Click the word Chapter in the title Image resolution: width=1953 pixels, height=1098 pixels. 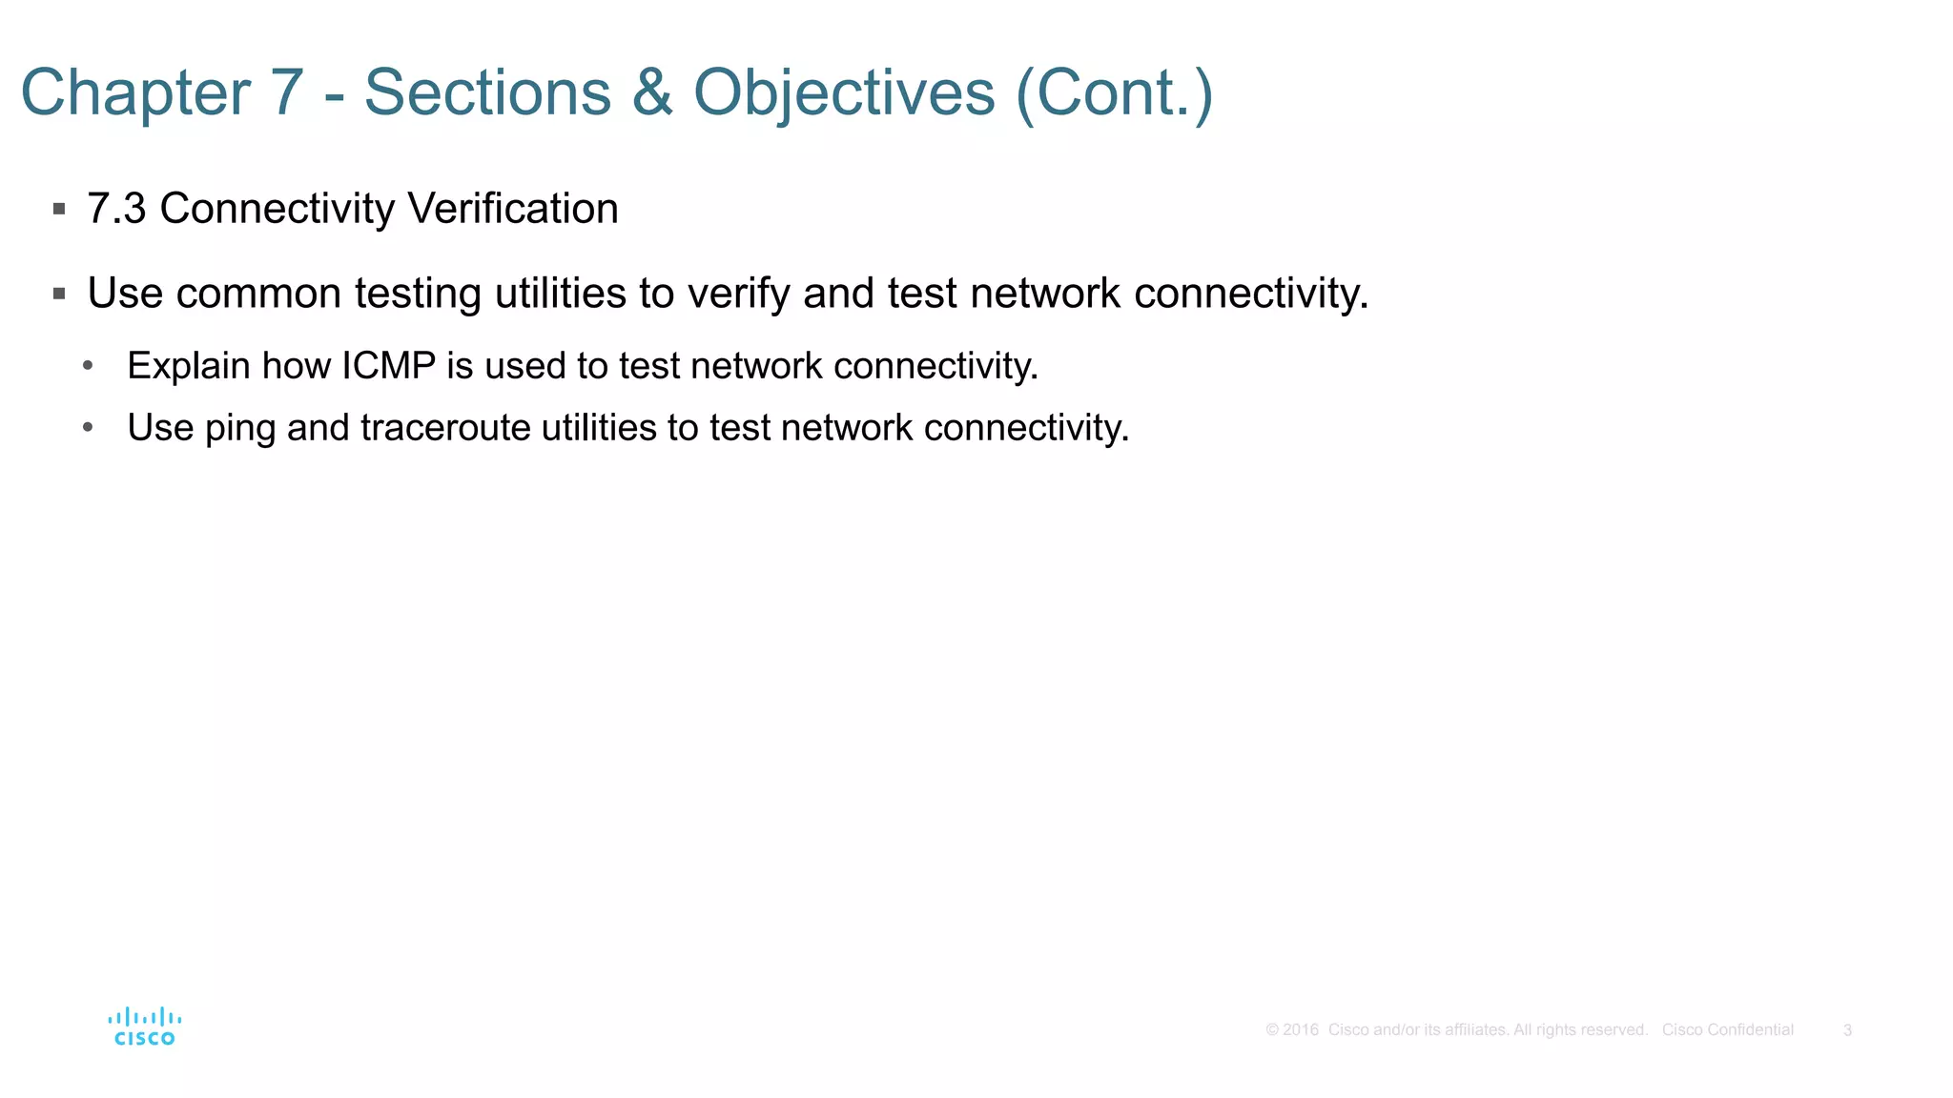tap(135, 93)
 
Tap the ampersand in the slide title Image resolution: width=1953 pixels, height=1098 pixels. tap(652, 93)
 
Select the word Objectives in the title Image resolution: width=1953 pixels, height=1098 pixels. tap(844, 93)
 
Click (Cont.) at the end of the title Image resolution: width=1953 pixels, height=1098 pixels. tap(1114, 93)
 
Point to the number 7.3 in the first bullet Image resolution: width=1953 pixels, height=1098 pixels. tap(116, 209)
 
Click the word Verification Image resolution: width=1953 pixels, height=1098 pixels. tap(512, 209)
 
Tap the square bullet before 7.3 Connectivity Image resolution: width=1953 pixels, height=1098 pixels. tap(59, 209)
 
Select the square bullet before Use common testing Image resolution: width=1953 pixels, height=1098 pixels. tap(59, 294)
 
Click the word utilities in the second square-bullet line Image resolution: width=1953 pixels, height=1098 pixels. tap(560, 294)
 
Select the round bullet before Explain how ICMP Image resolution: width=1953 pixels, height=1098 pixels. tap(88, 366)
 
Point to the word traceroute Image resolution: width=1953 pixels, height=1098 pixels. tap(445, 428)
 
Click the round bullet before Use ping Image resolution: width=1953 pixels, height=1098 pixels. tap(88, 428)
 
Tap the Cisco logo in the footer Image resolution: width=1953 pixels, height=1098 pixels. tap(144, 1027)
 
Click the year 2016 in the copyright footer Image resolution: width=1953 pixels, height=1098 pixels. tap(1300, 1030)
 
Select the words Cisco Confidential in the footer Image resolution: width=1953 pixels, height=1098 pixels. tap(1727, 1030)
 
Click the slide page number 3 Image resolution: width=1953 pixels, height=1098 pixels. tap(1847, 1030)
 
